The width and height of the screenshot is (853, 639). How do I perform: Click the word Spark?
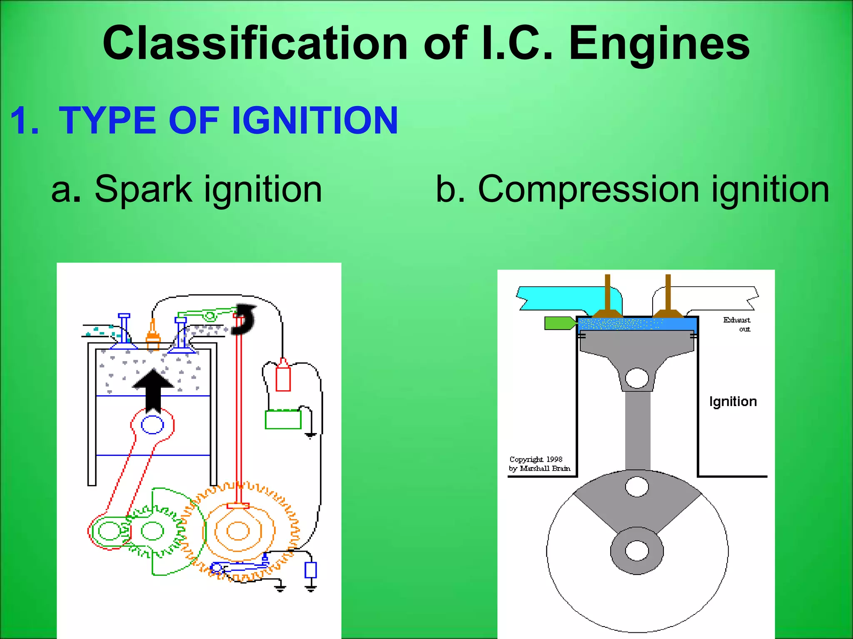point(143,189)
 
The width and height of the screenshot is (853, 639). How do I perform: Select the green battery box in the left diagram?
point(283,419)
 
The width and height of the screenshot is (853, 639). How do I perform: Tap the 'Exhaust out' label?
point(737,324)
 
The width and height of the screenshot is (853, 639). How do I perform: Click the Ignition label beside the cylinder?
point(733,401)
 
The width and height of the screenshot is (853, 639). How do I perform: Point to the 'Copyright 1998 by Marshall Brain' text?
point(539,464)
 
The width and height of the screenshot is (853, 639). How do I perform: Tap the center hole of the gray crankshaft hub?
point(637,551)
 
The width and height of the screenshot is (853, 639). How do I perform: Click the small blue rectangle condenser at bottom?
point(311,570)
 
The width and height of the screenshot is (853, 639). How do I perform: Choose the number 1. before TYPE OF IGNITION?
point(24,121)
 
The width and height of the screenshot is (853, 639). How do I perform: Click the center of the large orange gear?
point(238,531)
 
